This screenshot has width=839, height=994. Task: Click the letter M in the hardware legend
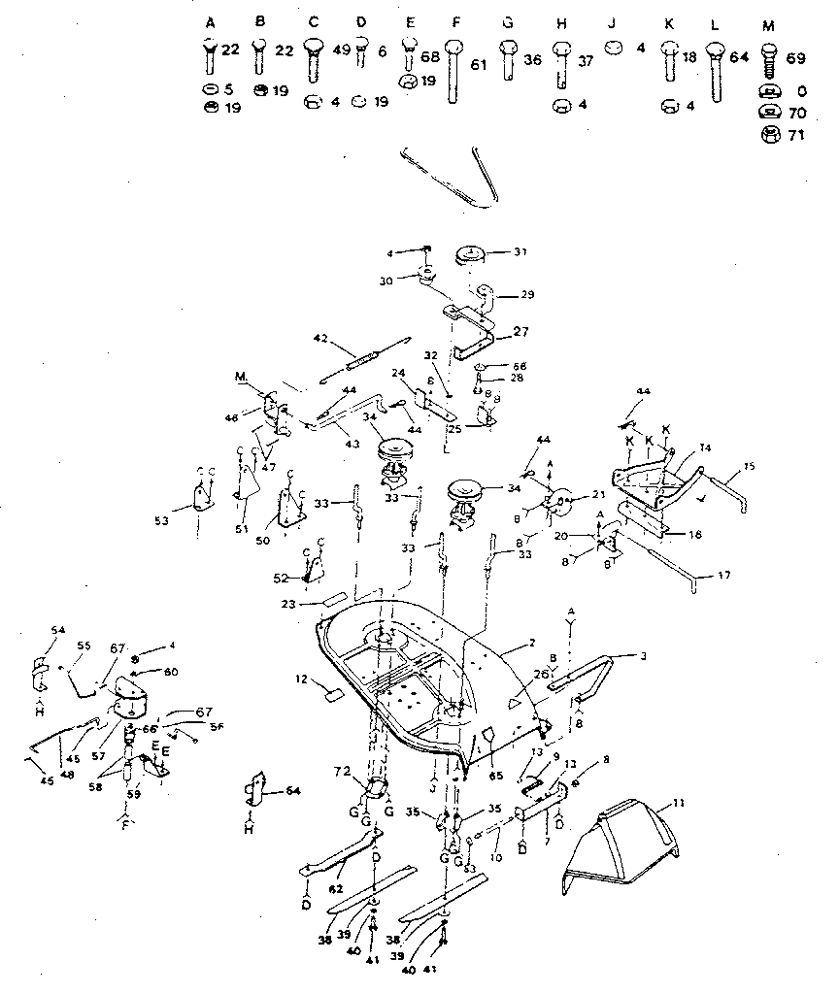769,23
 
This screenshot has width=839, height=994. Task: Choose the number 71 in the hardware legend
795,136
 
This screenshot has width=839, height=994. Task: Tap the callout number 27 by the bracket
520,332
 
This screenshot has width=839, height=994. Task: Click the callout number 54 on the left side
59,631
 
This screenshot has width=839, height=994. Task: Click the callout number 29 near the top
527,294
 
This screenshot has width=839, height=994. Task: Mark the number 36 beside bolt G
533,60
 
